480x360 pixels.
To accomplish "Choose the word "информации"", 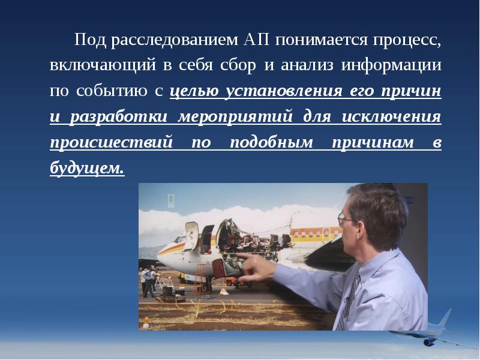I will click(x=391, y=65).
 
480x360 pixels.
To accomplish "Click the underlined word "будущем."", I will click(x=87, y=169).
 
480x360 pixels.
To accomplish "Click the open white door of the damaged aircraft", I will click(x=191, y=236).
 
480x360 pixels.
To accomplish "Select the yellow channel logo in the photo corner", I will click(x=171, y=200).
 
